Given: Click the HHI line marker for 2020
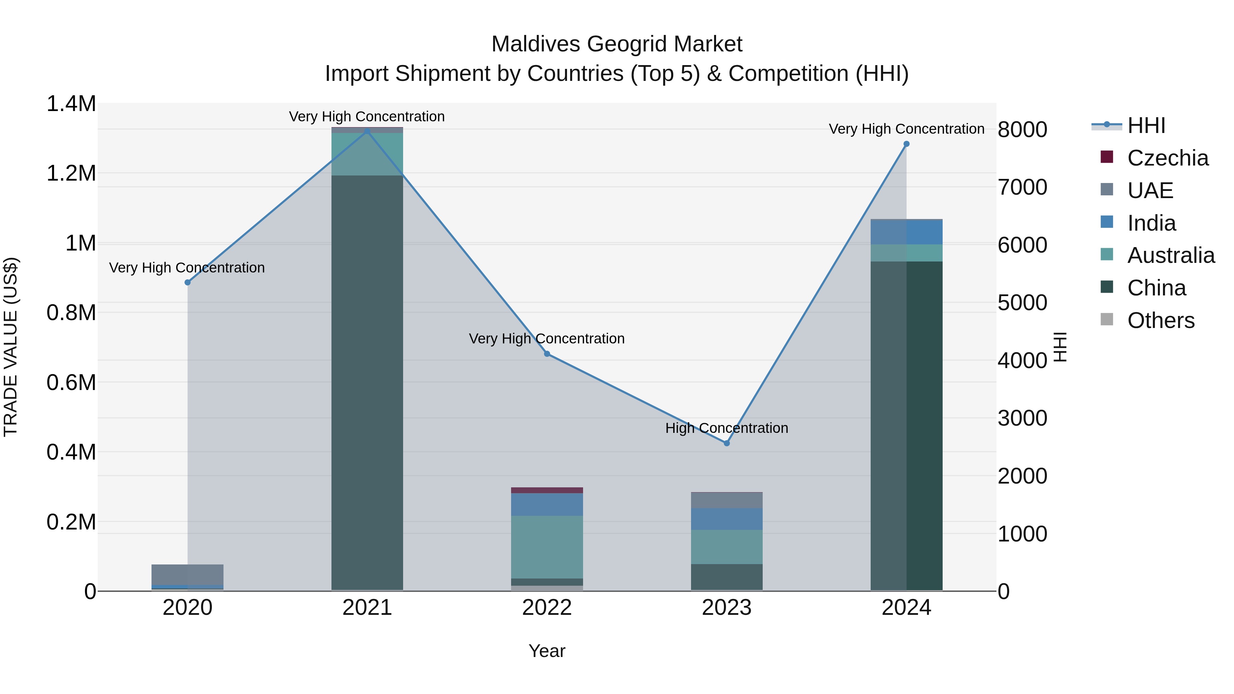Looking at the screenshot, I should [187, 283].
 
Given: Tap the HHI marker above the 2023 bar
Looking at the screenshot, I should [726, 443].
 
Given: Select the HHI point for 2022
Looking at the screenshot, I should [547, 354].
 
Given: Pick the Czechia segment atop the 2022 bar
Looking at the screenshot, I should [547, 490].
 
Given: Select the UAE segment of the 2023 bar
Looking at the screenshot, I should [726, 500].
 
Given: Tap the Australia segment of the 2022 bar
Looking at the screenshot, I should [547, 547].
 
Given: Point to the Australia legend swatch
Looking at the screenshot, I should [1106, 254].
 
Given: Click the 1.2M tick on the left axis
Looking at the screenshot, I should [71, 173].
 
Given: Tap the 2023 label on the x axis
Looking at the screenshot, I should [726, 608].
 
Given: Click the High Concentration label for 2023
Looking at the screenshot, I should [726, 428].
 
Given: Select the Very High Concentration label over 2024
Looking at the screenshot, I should [906, 129].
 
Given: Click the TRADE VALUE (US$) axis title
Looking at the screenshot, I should [11, 347].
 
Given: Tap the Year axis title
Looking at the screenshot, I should [547, 651].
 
